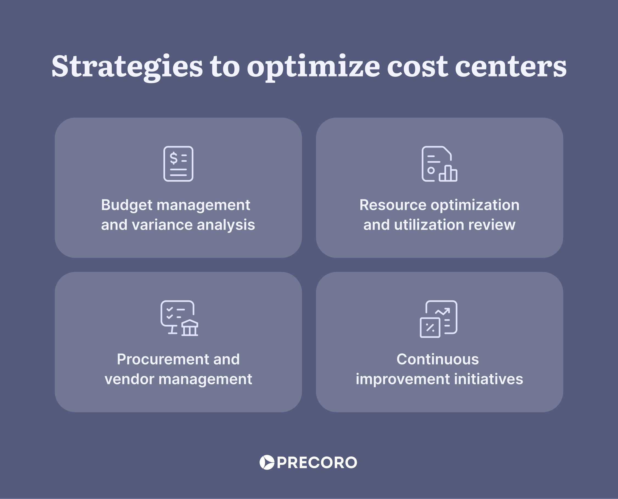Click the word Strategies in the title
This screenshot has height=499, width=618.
coord(127,67)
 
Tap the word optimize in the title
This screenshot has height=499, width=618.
coord(313,67)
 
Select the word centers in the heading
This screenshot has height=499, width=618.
coord(511,67)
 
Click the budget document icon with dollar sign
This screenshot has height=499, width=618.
coord(178,164)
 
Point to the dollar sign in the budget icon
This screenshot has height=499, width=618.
coord(174,158)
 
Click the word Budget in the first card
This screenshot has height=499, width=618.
coord(127,205)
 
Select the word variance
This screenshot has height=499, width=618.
coord(163,225)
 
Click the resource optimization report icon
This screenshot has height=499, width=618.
coord(439,164)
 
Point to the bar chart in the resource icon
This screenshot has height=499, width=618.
coord(448,173)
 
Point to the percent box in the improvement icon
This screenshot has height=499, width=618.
coord(430,327)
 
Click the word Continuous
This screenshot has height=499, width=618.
coord(438,360)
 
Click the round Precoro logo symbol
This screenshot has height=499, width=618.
coord(267,462)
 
